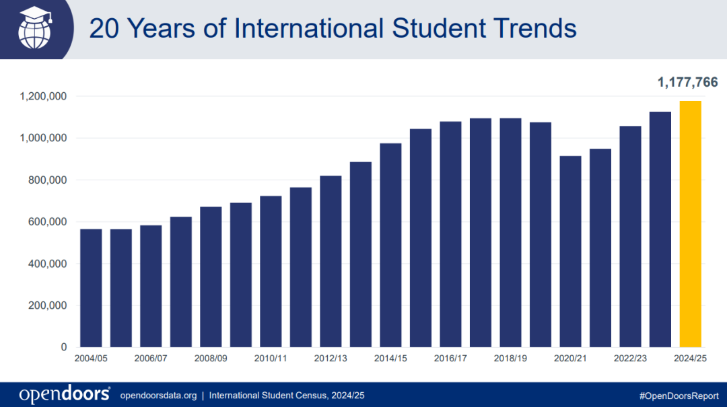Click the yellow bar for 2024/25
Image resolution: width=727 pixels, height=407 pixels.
(690, 224)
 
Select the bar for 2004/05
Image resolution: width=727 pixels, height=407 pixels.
(91, 288)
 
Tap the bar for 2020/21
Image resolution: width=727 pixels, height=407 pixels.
(570, 252)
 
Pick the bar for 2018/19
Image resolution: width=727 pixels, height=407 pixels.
(510, 233)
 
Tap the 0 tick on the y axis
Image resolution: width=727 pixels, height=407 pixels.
(64, 347)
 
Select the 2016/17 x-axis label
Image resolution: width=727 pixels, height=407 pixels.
(450, 359)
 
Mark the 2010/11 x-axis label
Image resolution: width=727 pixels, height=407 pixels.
(271, 359)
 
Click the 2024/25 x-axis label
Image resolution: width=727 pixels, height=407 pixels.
(690, 359)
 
